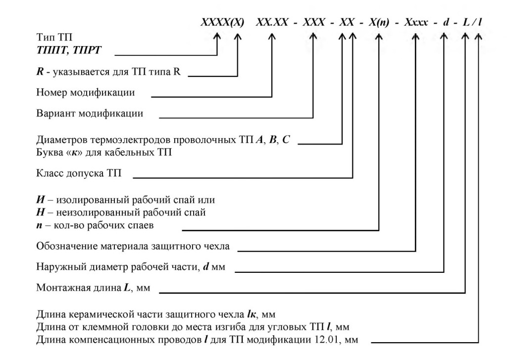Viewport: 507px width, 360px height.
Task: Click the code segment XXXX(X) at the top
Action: point(222,22)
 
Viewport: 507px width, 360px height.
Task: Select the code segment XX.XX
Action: point(272,22)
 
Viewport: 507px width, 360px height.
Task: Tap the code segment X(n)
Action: point(379,22)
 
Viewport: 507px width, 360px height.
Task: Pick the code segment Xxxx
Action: point(416,22)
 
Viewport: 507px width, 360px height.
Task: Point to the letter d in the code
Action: point(446,22)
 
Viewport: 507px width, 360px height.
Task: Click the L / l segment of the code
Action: point(472,22)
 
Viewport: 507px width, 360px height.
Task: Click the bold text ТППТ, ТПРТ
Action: point(69,51)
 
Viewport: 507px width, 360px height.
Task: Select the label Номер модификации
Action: point(85,93)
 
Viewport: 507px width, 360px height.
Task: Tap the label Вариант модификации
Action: point(90,113)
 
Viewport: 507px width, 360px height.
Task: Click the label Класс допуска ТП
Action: point(79,173)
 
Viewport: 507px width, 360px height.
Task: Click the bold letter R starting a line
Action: point(40,71)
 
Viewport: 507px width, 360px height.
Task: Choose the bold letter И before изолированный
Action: point(41,200)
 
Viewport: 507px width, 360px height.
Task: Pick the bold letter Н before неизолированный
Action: point(41,212)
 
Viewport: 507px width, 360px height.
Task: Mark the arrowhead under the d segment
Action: point(444,36)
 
